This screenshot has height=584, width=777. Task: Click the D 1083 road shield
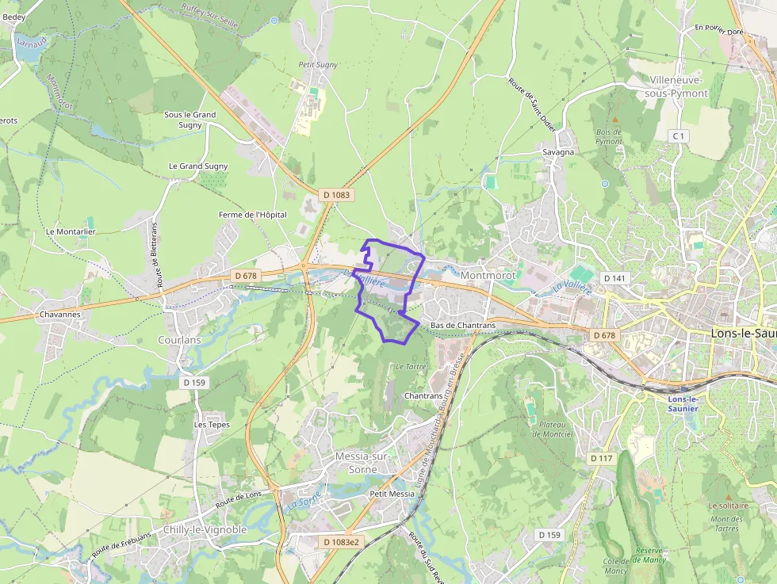point(336,194)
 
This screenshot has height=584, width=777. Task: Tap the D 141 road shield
point(614,278)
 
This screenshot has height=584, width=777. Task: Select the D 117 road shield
point(602,459)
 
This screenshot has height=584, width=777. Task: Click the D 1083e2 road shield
point(341,542)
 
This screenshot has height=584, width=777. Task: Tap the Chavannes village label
point(59,315)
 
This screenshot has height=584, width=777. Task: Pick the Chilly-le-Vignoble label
point(204,529)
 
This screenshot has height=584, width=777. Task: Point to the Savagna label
point(558,152)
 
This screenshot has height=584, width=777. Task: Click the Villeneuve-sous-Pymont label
point(678,86)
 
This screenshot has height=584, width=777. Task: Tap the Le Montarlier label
point(71,231)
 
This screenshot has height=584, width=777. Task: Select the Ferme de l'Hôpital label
point(253,215)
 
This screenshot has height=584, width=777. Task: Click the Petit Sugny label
point(318,64)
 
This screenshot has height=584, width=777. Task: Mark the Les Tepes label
point(212,424)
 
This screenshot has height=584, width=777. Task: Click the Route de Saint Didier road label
point(532,103)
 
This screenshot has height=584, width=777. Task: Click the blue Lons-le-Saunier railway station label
point(682,403)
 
